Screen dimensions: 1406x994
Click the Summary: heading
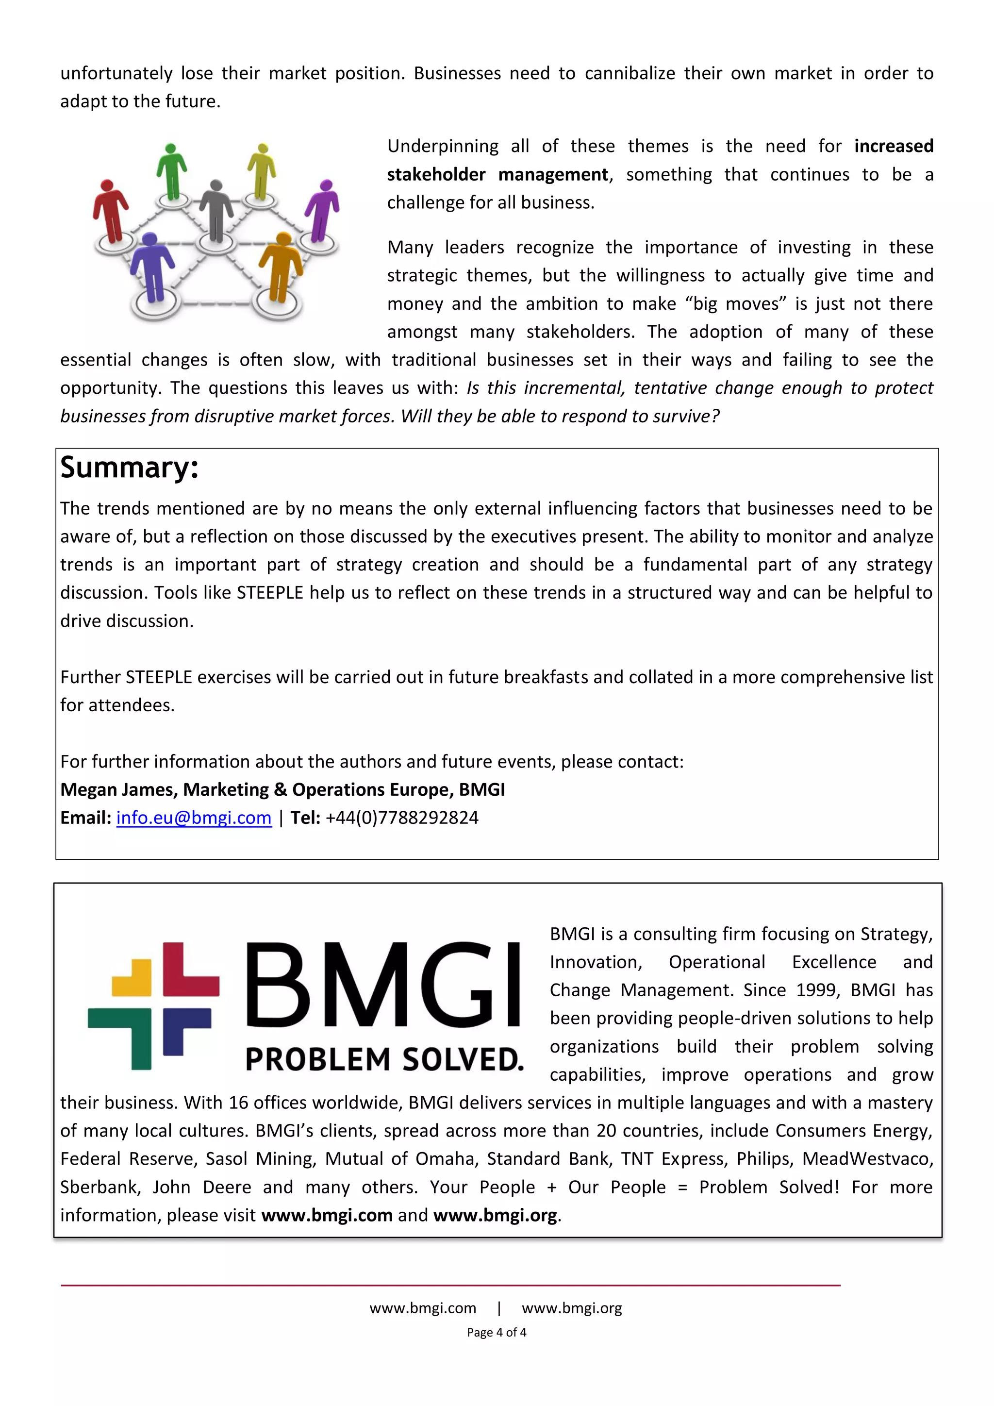129,468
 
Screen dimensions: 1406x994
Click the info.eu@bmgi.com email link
194,818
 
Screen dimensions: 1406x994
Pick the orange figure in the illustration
281,267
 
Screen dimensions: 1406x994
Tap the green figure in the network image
171,171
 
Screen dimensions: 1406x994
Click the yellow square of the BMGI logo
132,978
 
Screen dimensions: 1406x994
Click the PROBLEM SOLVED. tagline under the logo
384,1059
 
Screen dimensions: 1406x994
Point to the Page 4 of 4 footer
497,1333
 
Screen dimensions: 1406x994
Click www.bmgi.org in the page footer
572,1308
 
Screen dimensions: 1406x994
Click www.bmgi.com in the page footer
422,1308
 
